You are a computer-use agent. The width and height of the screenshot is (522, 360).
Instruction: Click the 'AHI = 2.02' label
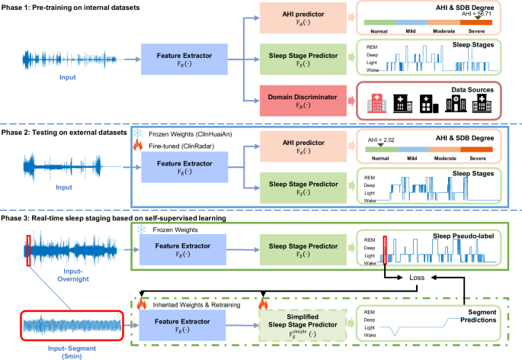click(381, 140)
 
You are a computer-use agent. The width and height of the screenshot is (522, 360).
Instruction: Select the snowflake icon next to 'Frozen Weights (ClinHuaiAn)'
click(138, 132)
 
